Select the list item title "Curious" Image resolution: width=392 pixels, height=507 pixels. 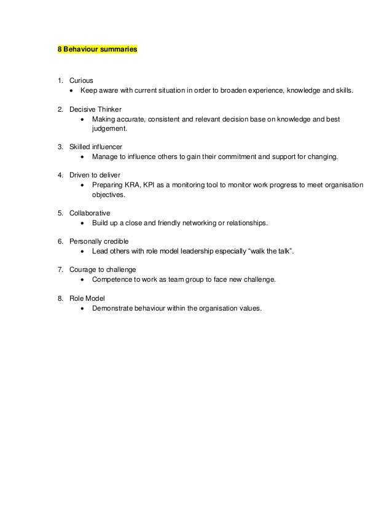coord(81,80)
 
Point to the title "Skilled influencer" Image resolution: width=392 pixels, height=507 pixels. coord(95,147)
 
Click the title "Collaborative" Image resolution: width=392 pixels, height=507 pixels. coord(90,213)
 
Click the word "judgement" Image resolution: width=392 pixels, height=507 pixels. coord(109,129)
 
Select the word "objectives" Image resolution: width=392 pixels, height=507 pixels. coord(108,195)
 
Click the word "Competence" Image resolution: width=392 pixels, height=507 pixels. coord(112,279)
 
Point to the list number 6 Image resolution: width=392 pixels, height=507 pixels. coord(60,241)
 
